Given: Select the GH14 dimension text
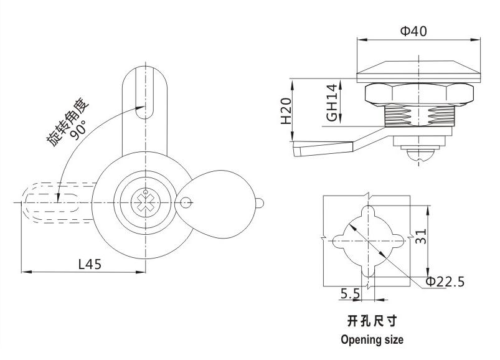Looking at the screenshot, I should pos(333,102).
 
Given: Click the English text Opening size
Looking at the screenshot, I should pos(372,340).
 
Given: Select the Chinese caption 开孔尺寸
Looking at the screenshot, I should pos(372,321).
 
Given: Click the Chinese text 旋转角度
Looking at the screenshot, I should pos(67,121).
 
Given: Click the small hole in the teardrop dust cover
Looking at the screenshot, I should pos(184,201).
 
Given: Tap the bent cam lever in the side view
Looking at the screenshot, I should pos(330,144).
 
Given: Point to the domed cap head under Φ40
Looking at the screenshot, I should pos(421,70).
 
